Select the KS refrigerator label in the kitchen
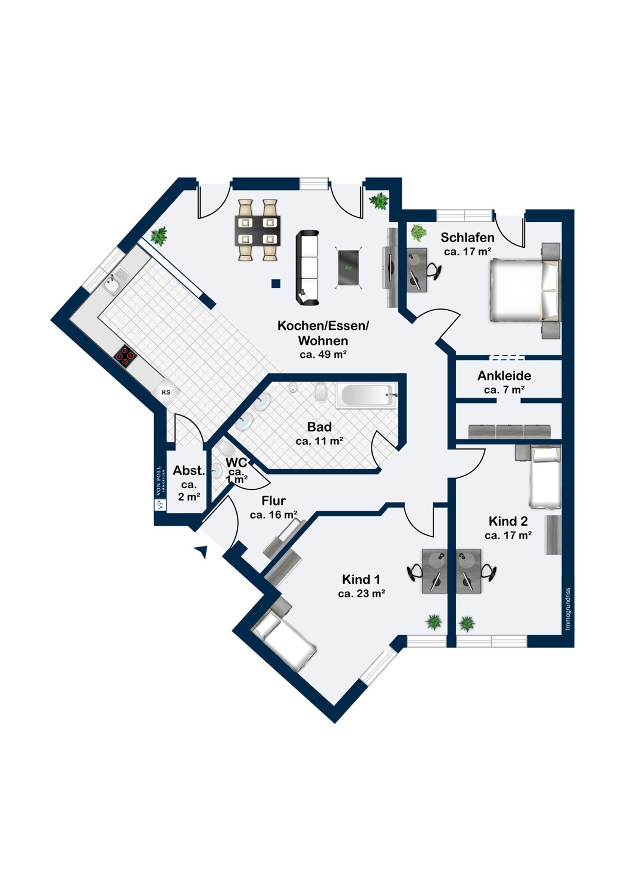[x=166, y=392]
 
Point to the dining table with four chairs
[x=258, y=230]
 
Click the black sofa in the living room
[x=307, y=267]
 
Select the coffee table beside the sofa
[x=349, y=267]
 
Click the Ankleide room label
[x=504, y=376]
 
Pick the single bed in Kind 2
[x=545, y=477]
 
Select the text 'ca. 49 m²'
[x=323, y=355]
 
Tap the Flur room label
[x=273, y=501]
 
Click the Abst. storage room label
[x=189, y=470]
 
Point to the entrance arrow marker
[x=201, y=552]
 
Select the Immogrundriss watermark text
[x=568, y=608]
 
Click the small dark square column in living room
[x=275, y=284]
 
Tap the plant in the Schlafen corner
[x=418, y=232]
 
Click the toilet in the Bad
[x=321, y=392]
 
